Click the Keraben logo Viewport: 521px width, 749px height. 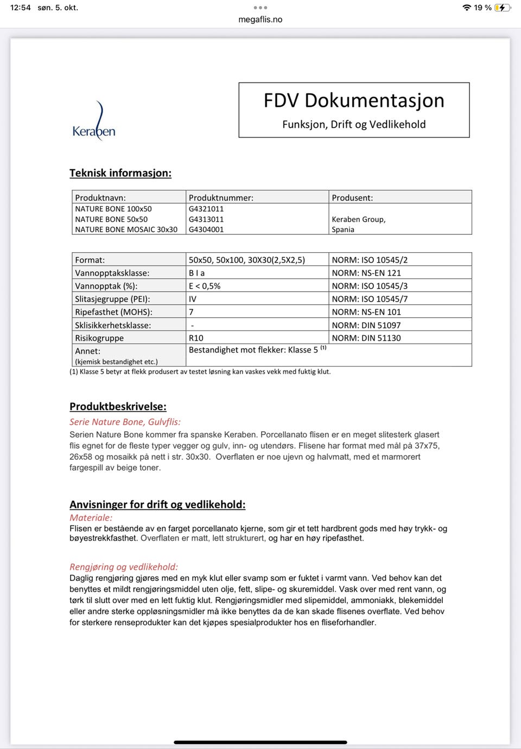94,123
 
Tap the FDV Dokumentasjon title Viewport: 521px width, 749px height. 354,101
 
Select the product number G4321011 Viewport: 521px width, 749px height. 206,209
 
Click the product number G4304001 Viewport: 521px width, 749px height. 206,229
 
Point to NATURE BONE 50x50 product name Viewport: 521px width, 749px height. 111,219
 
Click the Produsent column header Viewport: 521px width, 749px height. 352,198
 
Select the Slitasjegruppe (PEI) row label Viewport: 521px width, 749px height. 112,299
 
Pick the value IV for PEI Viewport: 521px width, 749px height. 193,299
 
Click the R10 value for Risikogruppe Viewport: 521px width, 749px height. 196,338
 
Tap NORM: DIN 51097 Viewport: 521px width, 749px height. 366,325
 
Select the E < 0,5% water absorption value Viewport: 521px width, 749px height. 205,286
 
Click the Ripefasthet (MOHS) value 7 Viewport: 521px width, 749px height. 191,312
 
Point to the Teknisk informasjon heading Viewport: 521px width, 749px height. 120,173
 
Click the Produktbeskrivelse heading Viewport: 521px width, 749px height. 118,407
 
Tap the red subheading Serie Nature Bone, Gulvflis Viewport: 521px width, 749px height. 125,422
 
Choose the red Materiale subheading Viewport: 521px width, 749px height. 91,518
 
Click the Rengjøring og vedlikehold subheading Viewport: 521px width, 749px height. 124,567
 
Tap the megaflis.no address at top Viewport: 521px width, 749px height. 260,20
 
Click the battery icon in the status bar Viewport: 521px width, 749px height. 502,8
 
